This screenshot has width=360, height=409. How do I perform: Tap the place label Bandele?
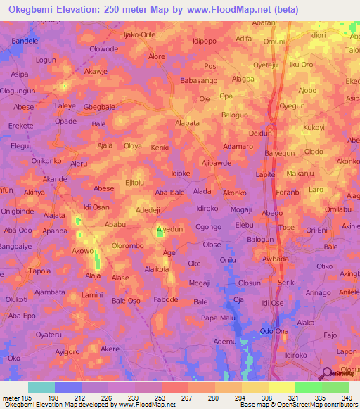tap(25, 41)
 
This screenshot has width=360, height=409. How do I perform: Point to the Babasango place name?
tap(200, 82)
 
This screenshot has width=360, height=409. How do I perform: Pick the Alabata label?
tap(188, 122)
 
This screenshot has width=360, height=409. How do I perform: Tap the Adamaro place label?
tap(237, 146)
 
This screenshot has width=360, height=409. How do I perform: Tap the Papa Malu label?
tap(217, 318)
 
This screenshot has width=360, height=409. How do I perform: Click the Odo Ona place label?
tap(275, 331)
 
